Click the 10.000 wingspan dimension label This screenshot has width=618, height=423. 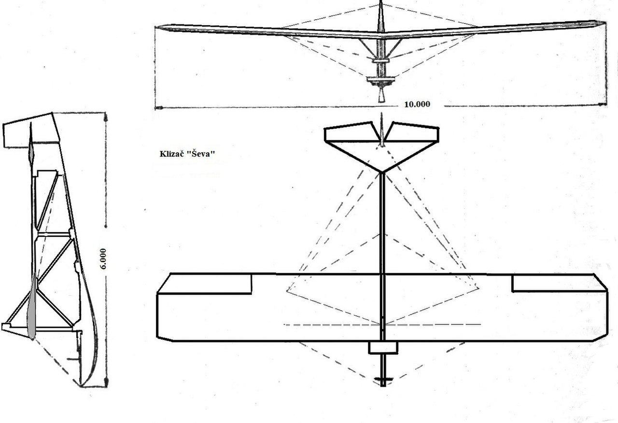point(417,104)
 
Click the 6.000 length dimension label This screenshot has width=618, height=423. point(103,259)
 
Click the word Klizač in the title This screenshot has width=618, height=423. point(171,154)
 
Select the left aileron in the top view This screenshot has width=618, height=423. point(204,283)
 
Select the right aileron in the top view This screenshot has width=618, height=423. point(560,283)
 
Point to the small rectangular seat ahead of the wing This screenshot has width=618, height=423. point(383,348)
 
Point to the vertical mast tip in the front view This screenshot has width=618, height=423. point(381,2)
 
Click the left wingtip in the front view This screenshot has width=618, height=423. point(157,28)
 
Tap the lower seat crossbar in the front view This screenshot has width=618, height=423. point(381,80)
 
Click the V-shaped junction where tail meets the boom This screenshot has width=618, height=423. point(382,172)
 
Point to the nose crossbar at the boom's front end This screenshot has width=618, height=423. point(383,379)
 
